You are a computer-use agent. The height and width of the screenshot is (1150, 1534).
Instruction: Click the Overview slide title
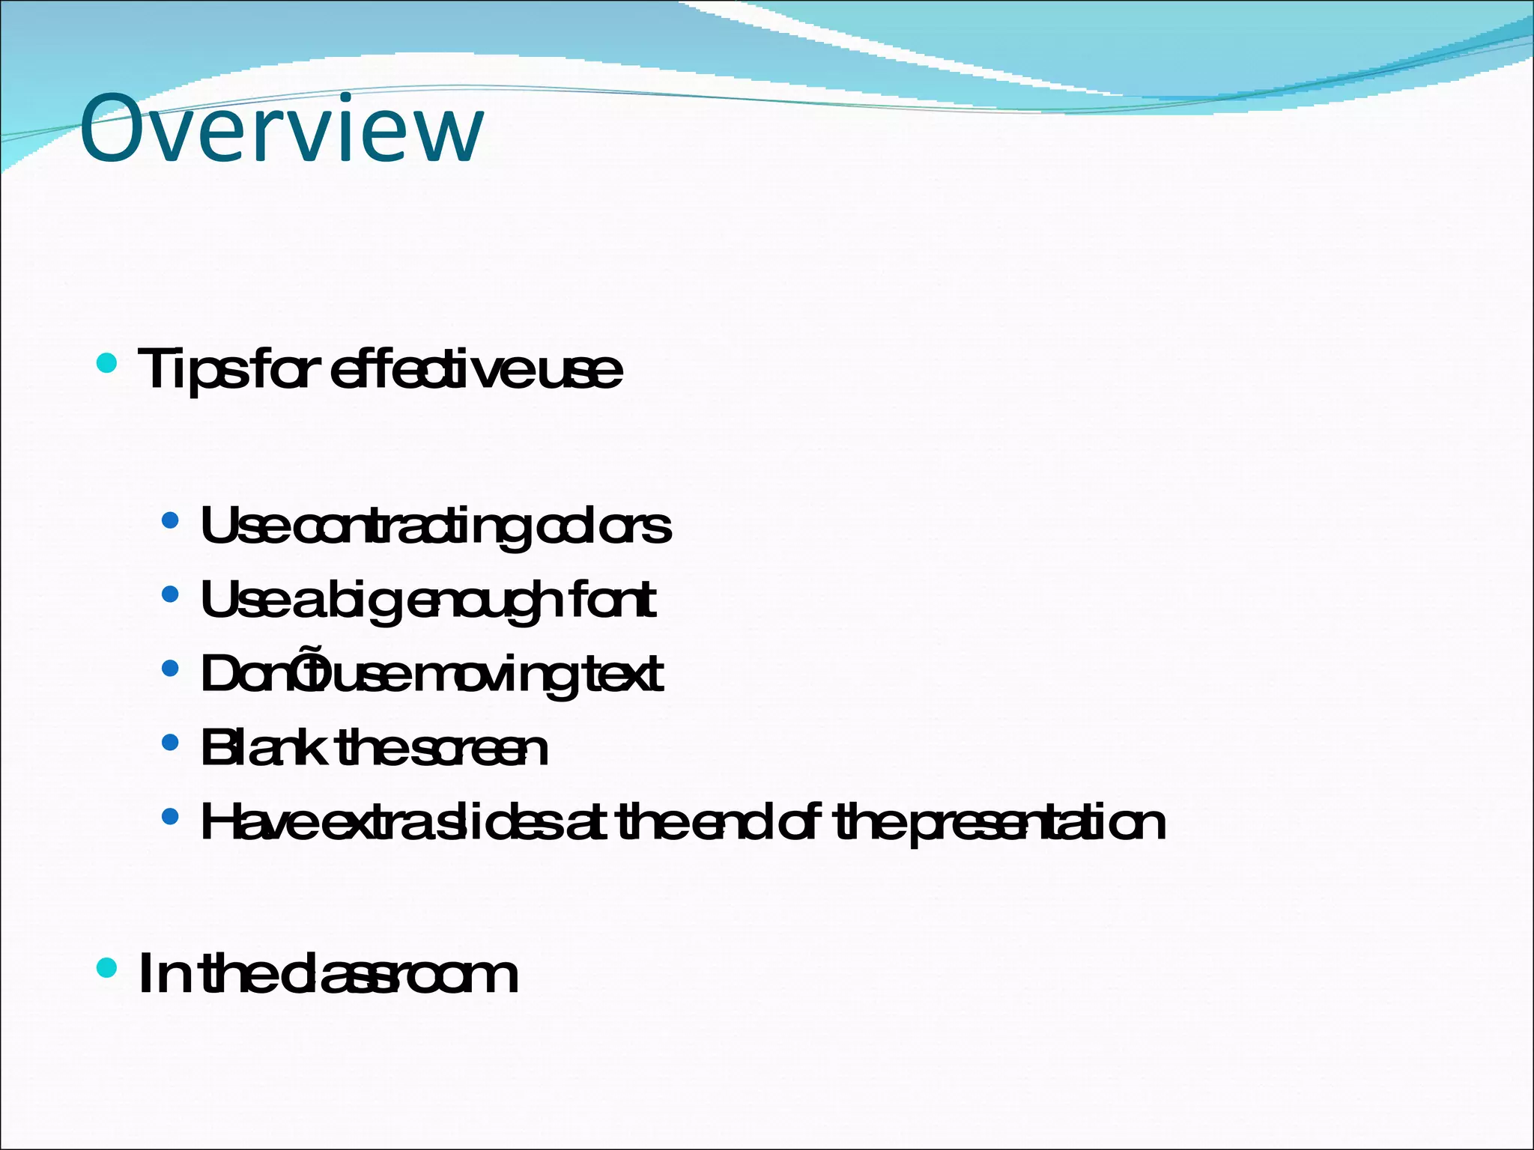pyautogui.click(x=282, y=128)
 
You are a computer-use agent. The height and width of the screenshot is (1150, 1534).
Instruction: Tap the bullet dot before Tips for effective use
pyautogui.click(x=107, y=364)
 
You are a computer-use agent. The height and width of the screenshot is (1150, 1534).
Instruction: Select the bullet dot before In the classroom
pyautogui.click(x=107, y=967)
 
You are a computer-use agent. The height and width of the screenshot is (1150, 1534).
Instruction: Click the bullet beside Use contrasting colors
pyautogui.click(x=171, y=520)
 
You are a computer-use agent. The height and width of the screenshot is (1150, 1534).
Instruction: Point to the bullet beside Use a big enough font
pyautogui.click(x=171, y=594)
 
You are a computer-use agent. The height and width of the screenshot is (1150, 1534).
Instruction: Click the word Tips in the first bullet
pyautogui.click(x=192, y=370)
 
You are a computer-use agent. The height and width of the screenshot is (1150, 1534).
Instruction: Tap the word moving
pyautogui.click(x=495, y=675)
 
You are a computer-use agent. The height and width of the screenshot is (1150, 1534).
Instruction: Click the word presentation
pyautogui.click(x=1037, y=823)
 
